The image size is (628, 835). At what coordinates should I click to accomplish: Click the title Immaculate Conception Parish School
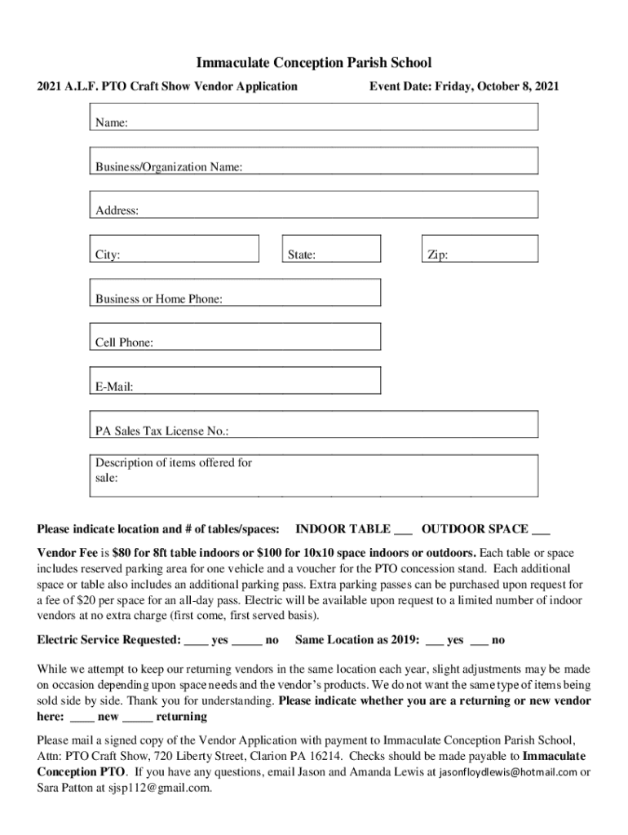[314, 63]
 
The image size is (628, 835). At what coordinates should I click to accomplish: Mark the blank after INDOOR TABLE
[403, 530]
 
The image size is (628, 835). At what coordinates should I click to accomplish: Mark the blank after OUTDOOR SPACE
[541, 530]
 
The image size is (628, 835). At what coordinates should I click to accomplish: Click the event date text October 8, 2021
[519, 86]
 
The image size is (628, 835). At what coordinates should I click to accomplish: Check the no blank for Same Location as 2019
[480, 642]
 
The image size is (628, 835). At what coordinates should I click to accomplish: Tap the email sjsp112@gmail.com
[160, 789]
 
